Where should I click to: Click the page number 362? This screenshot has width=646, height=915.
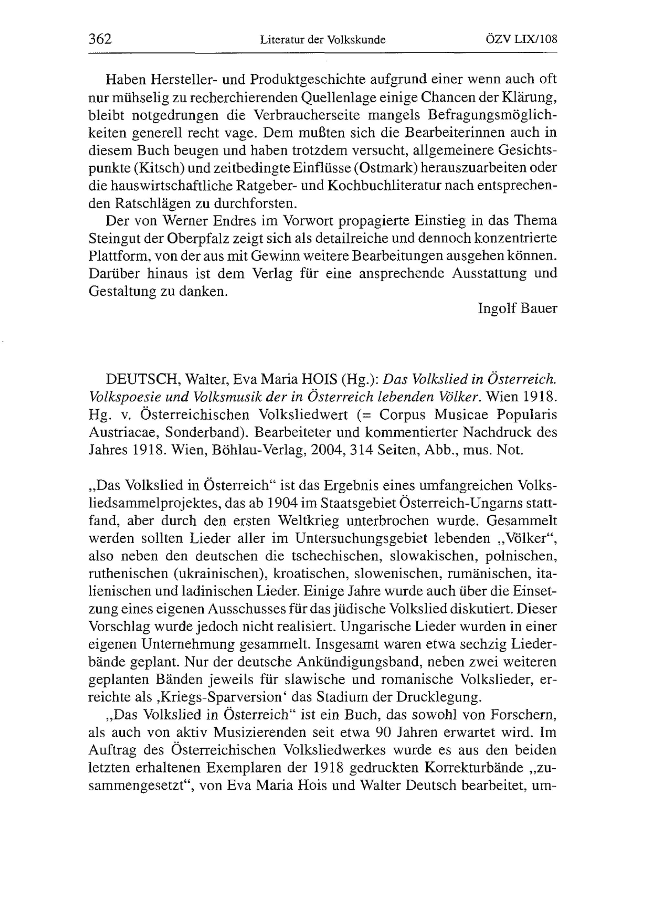pyautogui.click(x=100, y=39)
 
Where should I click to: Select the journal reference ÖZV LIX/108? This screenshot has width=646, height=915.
pyautogui.click(x=521, y=39)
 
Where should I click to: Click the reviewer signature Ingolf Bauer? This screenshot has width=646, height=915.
pyautogui.click(x=517, y=309)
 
